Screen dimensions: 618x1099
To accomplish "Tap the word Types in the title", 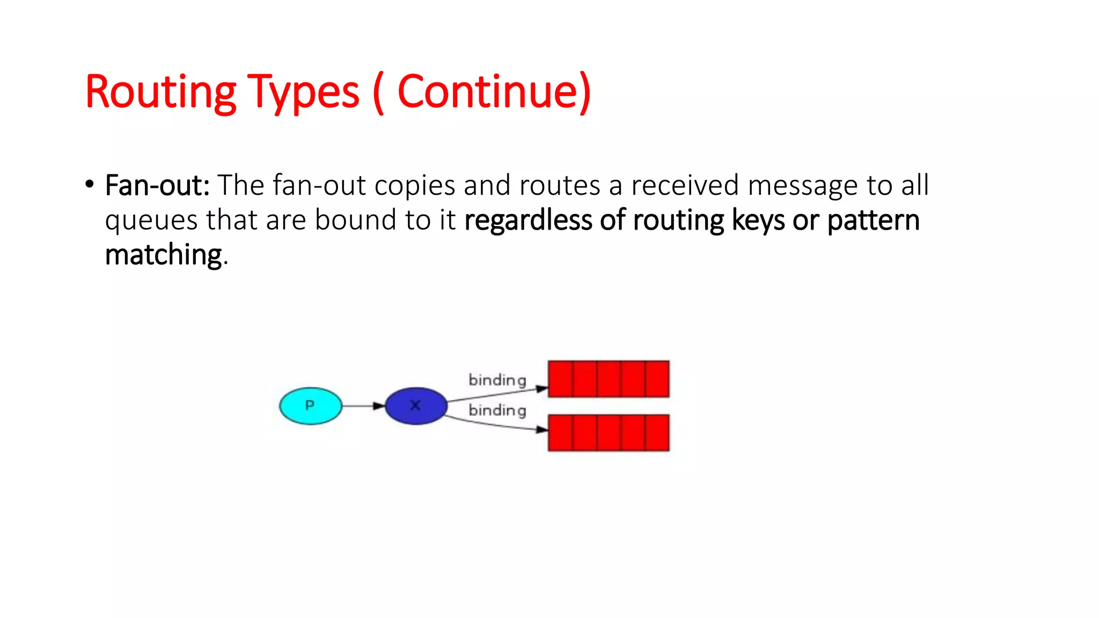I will (303, 92).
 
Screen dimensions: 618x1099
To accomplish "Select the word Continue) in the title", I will (494, 92).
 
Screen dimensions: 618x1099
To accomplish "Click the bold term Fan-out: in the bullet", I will (157, 186).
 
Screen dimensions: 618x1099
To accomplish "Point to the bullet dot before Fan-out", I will (90, 185).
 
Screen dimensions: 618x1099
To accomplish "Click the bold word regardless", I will (527, 220).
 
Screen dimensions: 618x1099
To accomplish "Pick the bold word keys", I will (758, 220).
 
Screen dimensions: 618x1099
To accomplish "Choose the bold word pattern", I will (873, 220).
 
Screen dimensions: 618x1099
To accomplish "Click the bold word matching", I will (164, 255).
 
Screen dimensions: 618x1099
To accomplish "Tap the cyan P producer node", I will (310, 406).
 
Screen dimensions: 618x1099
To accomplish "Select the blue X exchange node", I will (416, 406).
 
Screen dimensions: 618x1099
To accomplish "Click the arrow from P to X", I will (363, 406).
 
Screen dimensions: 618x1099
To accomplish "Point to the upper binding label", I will (497, 380).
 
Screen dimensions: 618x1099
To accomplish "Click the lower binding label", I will (497, 410).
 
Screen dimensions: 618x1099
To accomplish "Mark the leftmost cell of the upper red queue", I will (560, 379).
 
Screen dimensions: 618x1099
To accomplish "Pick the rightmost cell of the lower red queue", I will (657, 432).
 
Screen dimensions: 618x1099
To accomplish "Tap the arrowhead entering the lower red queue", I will (542, 429).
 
